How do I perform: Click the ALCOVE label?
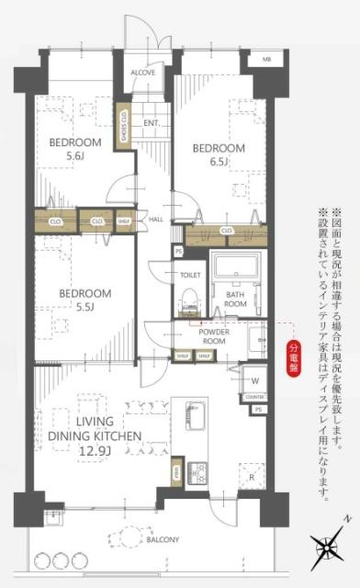pyautogui.click(x=142, y=72)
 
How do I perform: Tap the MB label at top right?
pyautogui.click(x=267, y=59)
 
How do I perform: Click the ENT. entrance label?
pyautogui.click(x=152, y=121)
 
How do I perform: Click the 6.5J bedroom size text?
pyautogui.click(x=218, y=163)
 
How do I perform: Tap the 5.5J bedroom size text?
pyautogui.click(x=84, y=308)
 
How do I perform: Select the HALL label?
pyautogui.click(x=156, y=220)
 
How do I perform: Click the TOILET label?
pyautogui.click(x=190, y=275)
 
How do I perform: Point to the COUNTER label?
pyautogui.click(x=255, y=397)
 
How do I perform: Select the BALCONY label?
pyautogui.click(x=162, y=539)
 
